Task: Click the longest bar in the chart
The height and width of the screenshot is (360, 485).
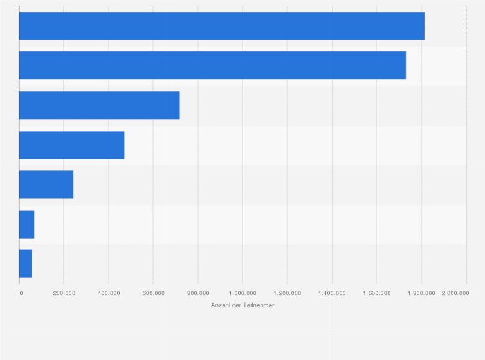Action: pyautogui.click(x=221, y=26)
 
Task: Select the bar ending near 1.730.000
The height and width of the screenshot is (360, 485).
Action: pyautogui.click(x=212, y=66)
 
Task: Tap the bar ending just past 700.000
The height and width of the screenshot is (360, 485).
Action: pyautogui.click(x=99, y=105)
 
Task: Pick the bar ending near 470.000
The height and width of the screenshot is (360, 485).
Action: pyautogui.click(x=71, y=145)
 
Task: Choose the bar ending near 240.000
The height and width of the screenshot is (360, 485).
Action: pyautogui.click(x=46, y=184)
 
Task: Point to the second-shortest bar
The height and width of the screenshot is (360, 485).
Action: pyautogui.click(x=26, y=224)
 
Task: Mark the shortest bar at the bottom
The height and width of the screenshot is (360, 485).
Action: pyautogui.click(x=25, y=264)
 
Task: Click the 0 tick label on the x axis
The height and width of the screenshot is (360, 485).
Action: pyautogui.click(x=21, y=293)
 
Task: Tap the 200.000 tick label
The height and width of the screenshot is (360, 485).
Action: pyautogui.click(x=64, y=293)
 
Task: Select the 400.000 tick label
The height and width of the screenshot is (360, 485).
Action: pyautogui.click(x=108, y=293)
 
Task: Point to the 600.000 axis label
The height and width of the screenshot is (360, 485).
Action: pyautogui.click(x=153, y=293)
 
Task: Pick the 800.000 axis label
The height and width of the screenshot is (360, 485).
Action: pyautogui.click(x=197, y=293)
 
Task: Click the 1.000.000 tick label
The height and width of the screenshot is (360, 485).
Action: pyautogui.click(x=243, y=293)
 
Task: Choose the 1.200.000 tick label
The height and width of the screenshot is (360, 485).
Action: pyautogui.click(x=287, y=293)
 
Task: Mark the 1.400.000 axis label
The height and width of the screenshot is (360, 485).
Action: pyautogui.click(x=332, y=293)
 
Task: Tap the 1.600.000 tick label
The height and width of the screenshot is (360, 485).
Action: pyautogui.click(x=376, y=293)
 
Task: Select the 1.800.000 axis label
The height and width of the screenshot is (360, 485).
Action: pyautogui.click(x=421, y=293)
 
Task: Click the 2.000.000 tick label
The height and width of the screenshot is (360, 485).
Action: pyautogui.click(x=455, y=293)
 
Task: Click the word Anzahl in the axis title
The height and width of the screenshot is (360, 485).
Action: pyautogui.click(x=221, y=305)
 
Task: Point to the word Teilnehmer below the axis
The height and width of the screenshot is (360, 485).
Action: pyautogui.click(x=259, y=305)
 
